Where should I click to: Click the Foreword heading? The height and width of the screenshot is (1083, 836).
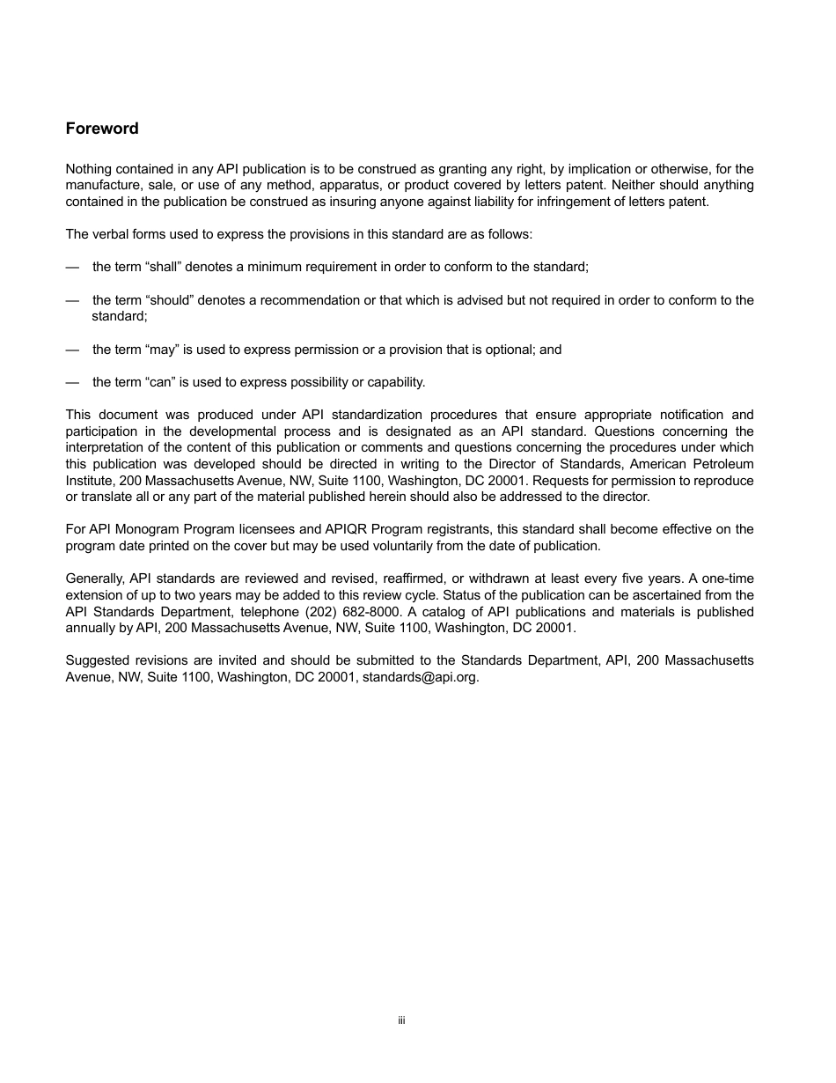102,129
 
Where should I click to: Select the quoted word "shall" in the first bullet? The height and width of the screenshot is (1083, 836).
163,266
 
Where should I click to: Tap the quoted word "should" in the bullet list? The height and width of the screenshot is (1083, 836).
168,300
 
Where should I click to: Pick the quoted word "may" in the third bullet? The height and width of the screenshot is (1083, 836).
159,350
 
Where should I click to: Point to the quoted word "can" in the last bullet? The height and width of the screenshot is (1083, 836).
158,382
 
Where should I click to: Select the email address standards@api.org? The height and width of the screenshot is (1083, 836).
421,678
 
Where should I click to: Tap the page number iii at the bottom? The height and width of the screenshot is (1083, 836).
401,1020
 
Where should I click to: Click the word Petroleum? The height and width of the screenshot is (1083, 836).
720,464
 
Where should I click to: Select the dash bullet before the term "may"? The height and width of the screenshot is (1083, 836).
72,350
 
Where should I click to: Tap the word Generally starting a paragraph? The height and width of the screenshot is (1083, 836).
96,578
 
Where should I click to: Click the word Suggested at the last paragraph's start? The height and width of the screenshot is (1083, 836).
97,661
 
